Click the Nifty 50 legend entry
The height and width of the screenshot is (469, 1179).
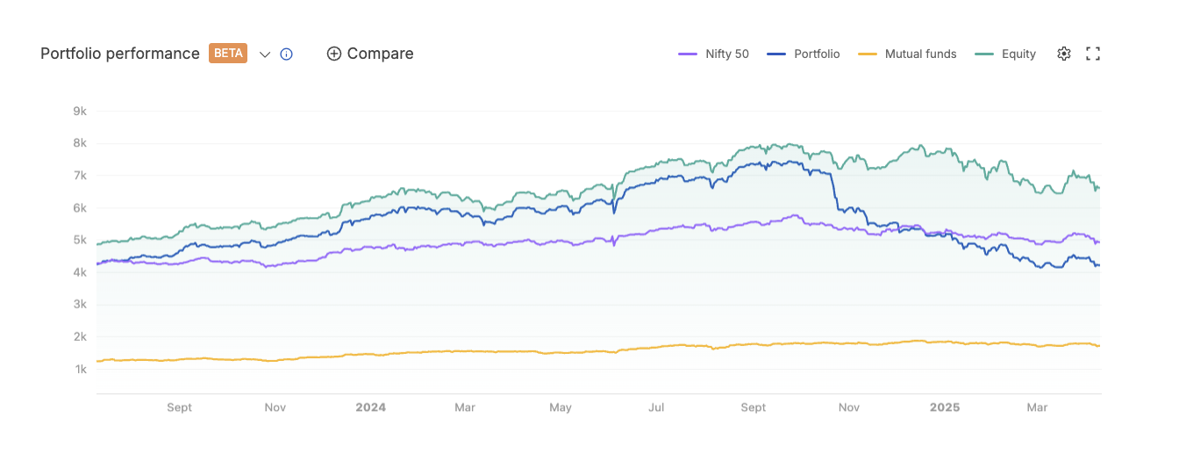pos(714,54)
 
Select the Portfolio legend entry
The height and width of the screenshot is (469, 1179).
pos(804,54)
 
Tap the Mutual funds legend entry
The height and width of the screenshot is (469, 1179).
pos(907,54)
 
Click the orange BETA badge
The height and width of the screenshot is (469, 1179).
pos(228,54)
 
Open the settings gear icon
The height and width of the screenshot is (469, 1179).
pos(1064,54)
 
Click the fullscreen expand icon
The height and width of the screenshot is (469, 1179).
pos(1093,54)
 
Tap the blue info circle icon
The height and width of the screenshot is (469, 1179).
pos(286,54)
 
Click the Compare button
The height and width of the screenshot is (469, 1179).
pos(370,54)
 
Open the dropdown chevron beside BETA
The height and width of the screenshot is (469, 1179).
pos(265,54)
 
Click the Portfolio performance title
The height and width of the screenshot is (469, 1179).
pos(120,54)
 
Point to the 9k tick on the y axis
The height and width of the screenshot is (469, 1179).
pos(80,112)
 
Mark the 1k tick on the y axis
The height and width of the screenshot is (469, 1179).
pos(80,369)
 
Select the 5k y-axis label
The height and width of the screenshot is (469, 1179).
pos(80,240)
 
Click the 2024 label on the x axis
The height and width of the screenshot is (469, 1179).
pos(370,408)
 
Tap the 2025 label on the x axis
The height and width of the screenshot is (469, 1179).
pos(945,408)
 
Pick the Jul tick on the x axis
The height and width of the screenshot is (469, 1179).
pos(655,408)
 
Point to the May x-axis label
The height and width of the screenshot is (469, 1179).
pos(560,408)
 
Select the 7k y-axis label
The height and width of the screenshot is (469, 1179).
pos(80,176)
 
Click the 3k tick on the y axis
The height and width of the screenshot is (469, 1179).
pos(80,305)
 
